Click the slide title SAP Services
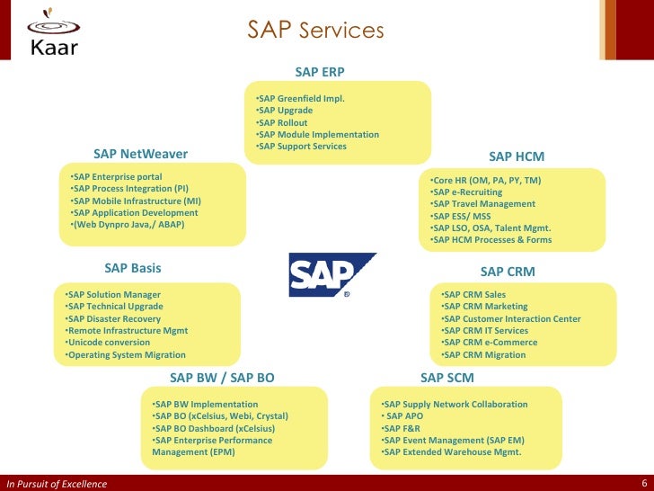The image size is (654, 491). tap(315, 31)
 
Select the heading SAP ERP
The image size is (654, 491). tap(320, 71)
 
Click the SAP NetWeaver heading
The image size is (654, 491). tap(140, 154)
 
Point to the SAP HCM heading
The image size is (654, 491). tap(517, 156)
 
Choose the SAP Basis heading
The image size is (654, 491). tap(133, 268)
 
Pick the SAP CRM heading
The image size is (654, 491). tap(508, 271)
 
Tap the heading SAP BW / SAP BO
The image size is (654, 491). tap(222, 378)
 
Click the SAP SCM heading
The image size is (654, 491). tap(447, 378)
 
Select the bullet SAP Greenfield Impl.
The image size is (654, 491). tap(300, 99)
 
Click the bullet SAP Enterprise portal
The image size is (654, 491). tap(117, 176)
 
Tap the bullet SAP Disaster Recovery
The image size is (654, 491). tap(114, 319)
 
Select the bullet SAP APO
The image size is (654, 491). tap(405, 416)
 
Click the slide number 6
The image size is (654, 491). tap(644, 483)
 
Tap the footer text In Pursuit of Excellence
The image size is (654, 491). tap(57, 484)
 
